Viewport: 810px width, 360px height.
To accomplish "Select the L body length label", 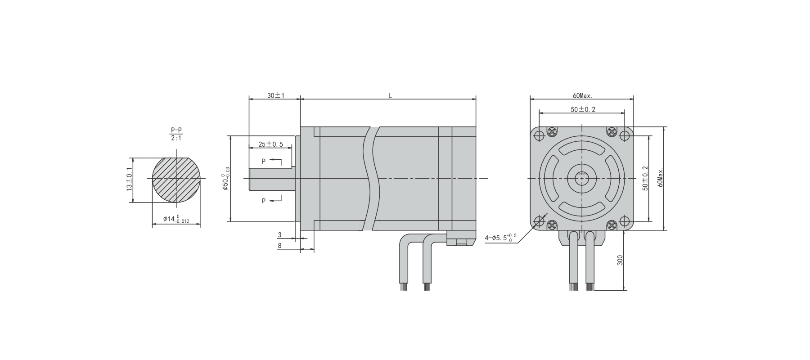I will pyautogui.click(x=390, y=95).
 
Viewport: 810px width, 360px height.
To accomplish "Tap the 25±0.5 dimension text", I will pyautogui.click(x=270, y=144).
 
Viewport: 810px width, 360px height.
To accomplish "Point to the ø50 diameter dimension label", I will pyautogui.click(x=226, y=178).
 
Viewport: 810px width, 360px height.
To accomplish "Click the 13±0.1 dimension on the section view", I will pyautogui.click(x=130, y=179).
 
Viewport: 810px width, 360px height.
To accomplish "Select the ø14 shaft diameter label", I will pyautogui.click(x=176, y=219).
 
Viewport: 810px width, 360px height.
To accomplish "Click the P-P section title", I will pyautogui.click(x=176, y=130).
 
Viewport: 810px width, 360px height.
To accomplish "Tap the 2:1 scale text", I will pyautogui.click(x=176, y=138).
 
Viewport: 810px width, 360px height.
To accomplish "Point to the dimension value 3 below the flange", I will pyautogui.click(x=279, y=235).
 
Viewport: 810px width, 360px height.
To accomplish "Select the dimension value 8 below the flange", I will pyautogui.click(x=279, y=246).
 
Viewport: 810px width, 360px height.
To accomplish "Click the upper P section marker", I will pyautogui.click(x=264, y=161).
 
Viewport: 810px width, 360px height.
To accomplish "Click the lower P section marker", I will pyautogui.click(x=264, y=201).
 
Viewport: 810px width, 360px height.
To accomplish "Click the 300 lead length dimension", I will pyautogui.click(x=620, y=260).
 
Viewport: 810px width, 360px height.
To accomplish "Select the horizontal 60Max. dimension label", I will pyautogui.click(x=582, y=95).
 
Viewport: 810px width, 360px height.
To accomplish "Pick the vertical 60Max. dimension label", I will pyautogui.click(x=660, y=178).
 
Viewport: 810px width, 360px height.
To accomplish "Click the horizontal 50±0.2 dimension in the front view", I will pyautogui.click(x=583, y=109).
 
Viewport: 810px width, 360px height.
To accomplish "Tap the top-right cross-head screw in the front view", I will pyautogui.click(x=612, y=131).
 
